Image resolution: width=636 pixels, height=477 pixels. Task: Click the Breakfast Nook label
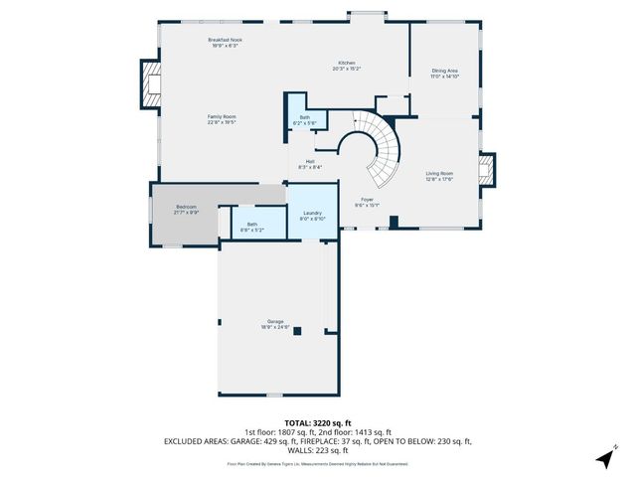[x=225, y=42]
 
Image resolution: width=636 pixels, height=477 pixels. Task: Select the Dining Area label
[x=444, y=73]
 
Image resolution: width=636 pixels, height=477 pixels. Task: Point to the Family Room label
[x=222, y=118]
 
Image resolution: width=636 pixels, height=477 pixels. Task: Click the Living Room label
[x=439, y=177]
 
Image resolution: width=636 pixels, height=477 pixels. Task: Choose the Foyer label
[x=369, y=203]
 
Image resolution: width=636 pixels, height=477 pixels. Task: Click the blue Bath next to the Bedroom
[x=252, y=226]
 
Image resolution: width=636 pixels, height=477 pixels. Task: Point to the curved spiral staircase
[x=382, y=149]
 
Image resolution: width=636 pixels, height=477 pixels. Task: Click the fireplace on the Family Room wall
[x=151, y=84]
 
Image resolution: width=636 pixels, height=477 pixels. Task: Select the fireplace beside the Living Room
[x=485, y=169]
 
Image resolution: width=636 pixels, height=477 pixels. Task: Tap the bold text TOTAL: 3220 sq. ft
[x=318, y=422]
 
